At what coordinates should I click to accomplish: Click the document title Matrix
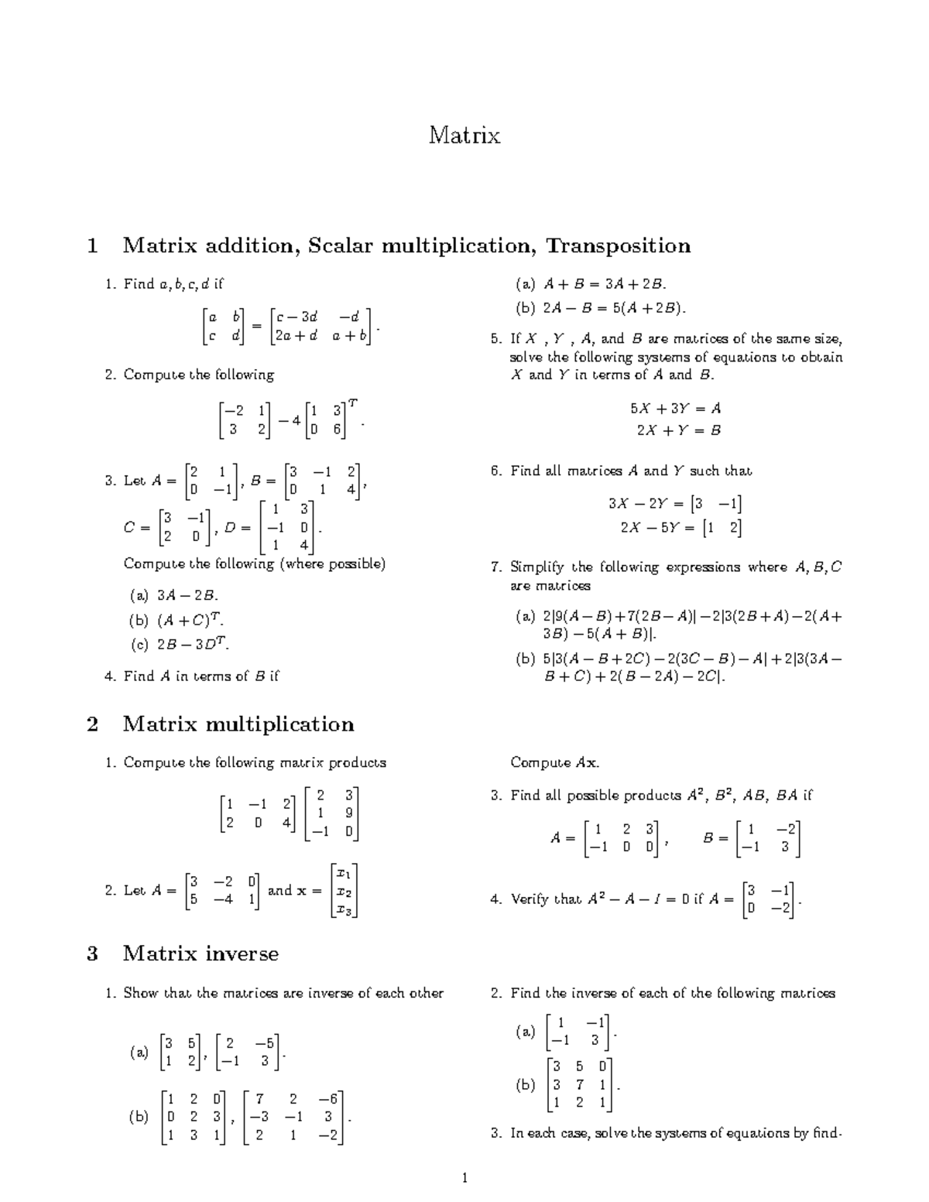[464, 135]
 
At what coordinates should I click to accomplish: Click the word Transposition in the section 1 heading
[618, 246]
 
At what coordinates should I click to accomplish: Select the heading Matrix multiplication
[238, 724]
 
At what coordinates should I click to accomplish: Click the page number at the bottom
[464, 1179]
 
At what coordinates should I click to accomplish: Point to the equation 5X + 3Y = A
[675, 409]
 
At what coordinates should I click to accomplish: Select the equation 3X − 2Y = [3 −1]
[675, 505]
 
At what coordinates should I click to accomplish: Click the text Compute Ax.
[554, 763]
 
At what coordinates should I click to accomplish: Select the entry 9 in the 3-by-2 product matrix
[349, 813]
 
